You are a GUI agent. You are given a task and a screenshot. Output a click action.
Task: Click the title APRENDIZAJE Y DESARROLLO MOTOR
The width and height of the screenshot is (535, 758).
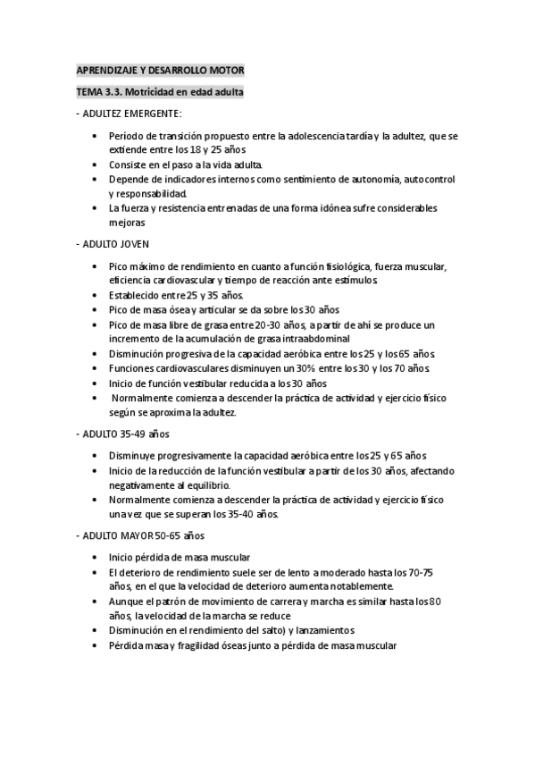(x=160, y=70)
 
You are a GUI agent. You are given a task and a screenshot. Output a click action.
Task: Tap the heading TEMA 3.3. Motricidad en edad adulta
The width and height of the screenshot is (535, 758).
(x=160, y=92)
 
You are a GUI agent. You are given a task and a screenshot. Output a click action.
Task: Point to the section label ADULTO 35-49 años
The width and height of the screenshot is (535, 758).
(x=122, y=434)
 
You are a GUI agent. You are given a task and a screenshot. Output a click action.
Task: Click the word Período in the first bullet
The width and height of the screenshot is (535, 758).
(x=128, y=135)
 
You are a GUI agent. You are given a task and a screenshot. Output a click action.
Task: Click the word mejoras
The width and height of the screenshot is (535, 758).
(x=127, y=222)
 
